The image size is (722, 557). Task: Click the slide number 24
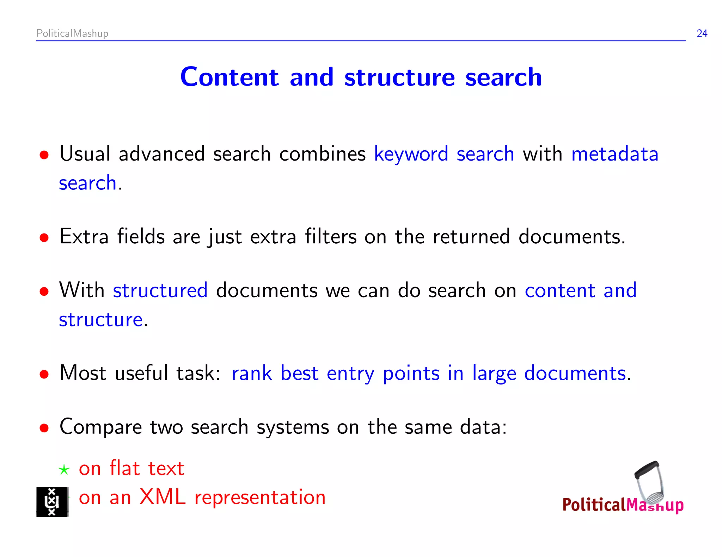(x=702, y=33)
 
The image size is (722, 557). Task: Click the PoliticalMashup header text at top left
(x=72, y=33)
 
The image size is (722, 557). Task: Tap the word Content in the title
(x=230, y=77)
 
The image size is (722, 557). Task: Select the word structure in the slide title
(x=399, y=77)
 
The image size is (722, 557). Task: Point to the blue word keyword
(x=411, y=154)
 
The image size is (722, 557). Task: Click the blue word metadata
(x=614, y=154)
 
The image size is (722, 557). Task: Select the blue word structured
(x=160, y=290)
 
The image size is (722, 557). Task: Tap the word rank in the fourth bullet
(x=251, y=373)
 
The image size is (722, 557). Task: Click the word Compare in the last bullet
(x=100, y=427)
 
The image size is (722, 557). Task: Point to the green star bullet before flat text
(x=64, y=470)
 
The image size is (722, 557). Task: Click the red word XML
(x=162, y=497)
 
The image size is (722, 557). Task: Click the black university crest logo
(x=52, y=502)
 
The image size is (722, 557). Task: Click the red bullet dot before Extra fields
(x=44, y=238)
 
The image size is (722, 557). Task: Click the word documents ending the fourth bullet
(x=575, y=373)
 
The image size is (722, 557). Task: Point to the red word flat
(x=125, y=468)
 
